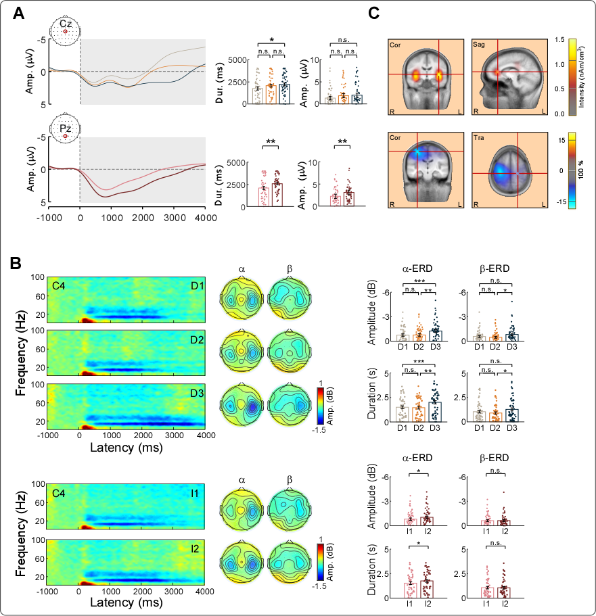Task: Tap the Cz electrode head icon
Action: point(65,28)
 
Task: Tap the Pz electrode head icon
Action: point(65,128)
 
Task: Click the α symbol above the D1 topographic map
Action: point(242,268)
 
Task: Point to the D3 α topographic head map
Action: point(242,406)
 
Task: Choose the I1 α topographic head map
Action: point(242,508)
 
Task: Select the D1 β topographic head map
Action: point(290,298)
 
